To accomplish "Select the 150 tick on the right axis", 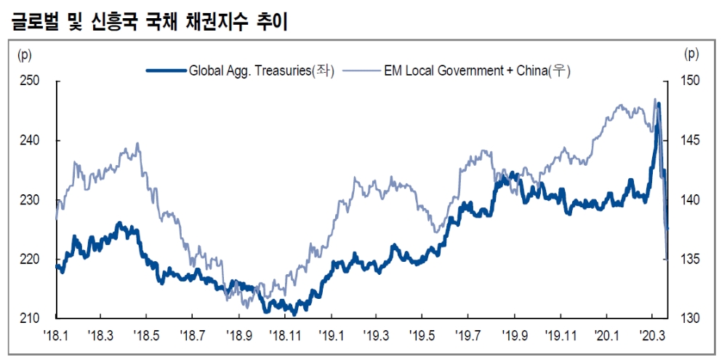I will click(x=691, y=81).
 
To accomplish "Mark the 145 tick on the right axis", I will click(x=691, y=140).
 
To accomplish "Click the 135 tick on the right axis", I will click(x=691, y=260).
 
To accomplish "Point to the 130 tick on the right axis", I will click(x=691, y=319).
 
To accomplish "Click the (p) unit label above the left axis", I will click(x=25, y=53).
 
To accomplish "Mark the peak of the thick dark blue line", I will click(x=658, y=104).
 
